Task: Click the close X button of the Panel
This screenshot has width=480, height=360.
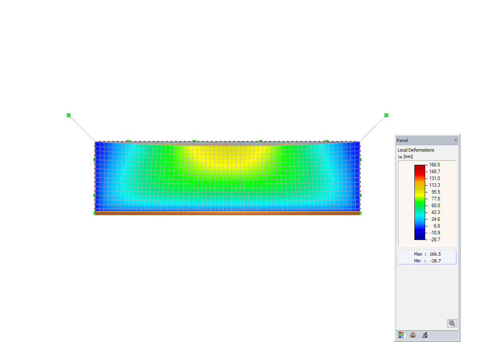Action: coord(455,140)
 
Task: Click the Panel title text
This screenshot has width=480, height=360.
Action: coord(402,140)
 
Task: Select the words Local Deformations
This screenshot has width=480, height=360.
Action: coord(416,150)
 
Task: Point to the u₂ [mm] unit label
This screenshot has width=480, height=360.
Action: coord(405,156)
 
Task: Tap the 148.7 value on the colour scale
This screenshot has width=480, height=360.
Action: coord(434,172)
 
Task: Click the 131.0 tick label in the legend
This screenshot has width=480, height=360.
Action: coord(434,178)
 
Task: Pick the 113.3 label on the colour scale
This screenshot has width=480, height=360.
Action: coord(434,185)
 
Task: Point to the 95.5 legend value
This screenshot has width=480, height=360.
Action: coord(436,192)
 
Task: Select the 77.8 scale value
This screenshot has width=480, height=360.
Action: coord(436,199)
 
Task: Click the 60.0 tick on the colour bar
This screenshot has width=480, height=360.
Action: coord(436,206)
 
